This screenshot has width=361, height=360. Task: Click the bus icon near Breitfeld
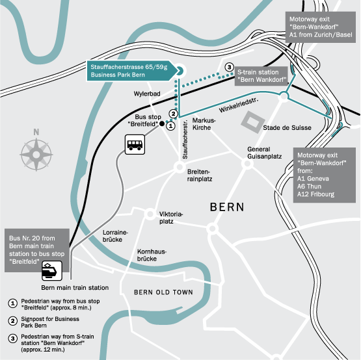coord(135,144)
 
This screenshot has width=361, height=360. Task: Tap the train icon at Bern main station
coord(52,270)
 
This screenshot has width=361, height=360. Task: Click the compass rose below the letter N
coord(36,155)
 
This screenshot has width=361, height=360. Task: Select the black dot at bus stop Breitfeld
coord(162,123)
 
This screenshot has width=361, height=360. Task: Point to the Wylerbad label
coord(147,94)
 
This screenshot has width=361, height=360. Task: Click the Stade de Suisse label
coord(287,128)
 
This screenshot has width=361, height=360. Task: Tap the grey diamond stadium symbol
coord(253,122)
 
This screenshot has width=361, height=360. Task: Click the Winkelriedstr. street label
coord(239,105)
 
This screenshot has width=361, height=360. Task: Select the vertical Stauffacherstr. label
coord(185,140)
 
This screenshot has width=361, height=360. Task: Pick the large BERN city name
coord(227,207)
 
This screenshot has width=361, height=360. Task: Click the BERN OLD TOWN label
coord(163,292)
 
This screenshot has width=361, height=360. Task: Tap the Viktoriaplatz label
coord(171,218)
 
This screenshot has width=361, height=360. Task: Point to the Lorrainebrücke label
coord(115,236)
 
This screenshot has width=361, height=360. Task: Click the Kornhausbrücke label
coord(152,255)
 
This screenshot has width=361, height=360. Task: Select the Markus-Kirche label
coord(204,124)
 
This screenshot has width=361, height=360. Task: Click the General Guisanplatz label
coord(264,153)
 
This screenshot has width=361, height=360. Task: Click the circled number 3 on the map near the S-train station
coord(229,68)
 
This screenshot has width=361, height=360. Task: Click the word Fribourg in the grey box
coord(323,194)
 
